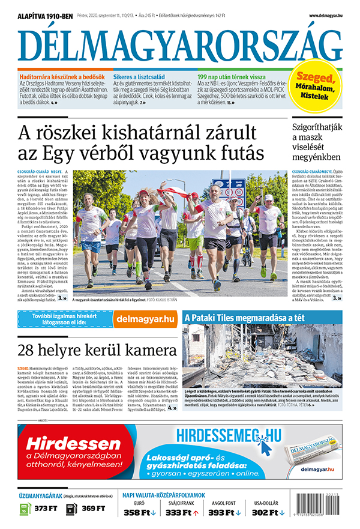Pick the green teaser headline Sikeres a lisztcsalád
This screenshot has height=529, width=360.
(140, 77)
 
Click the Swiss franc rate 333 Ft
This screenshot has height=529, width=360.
(182, 513)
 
